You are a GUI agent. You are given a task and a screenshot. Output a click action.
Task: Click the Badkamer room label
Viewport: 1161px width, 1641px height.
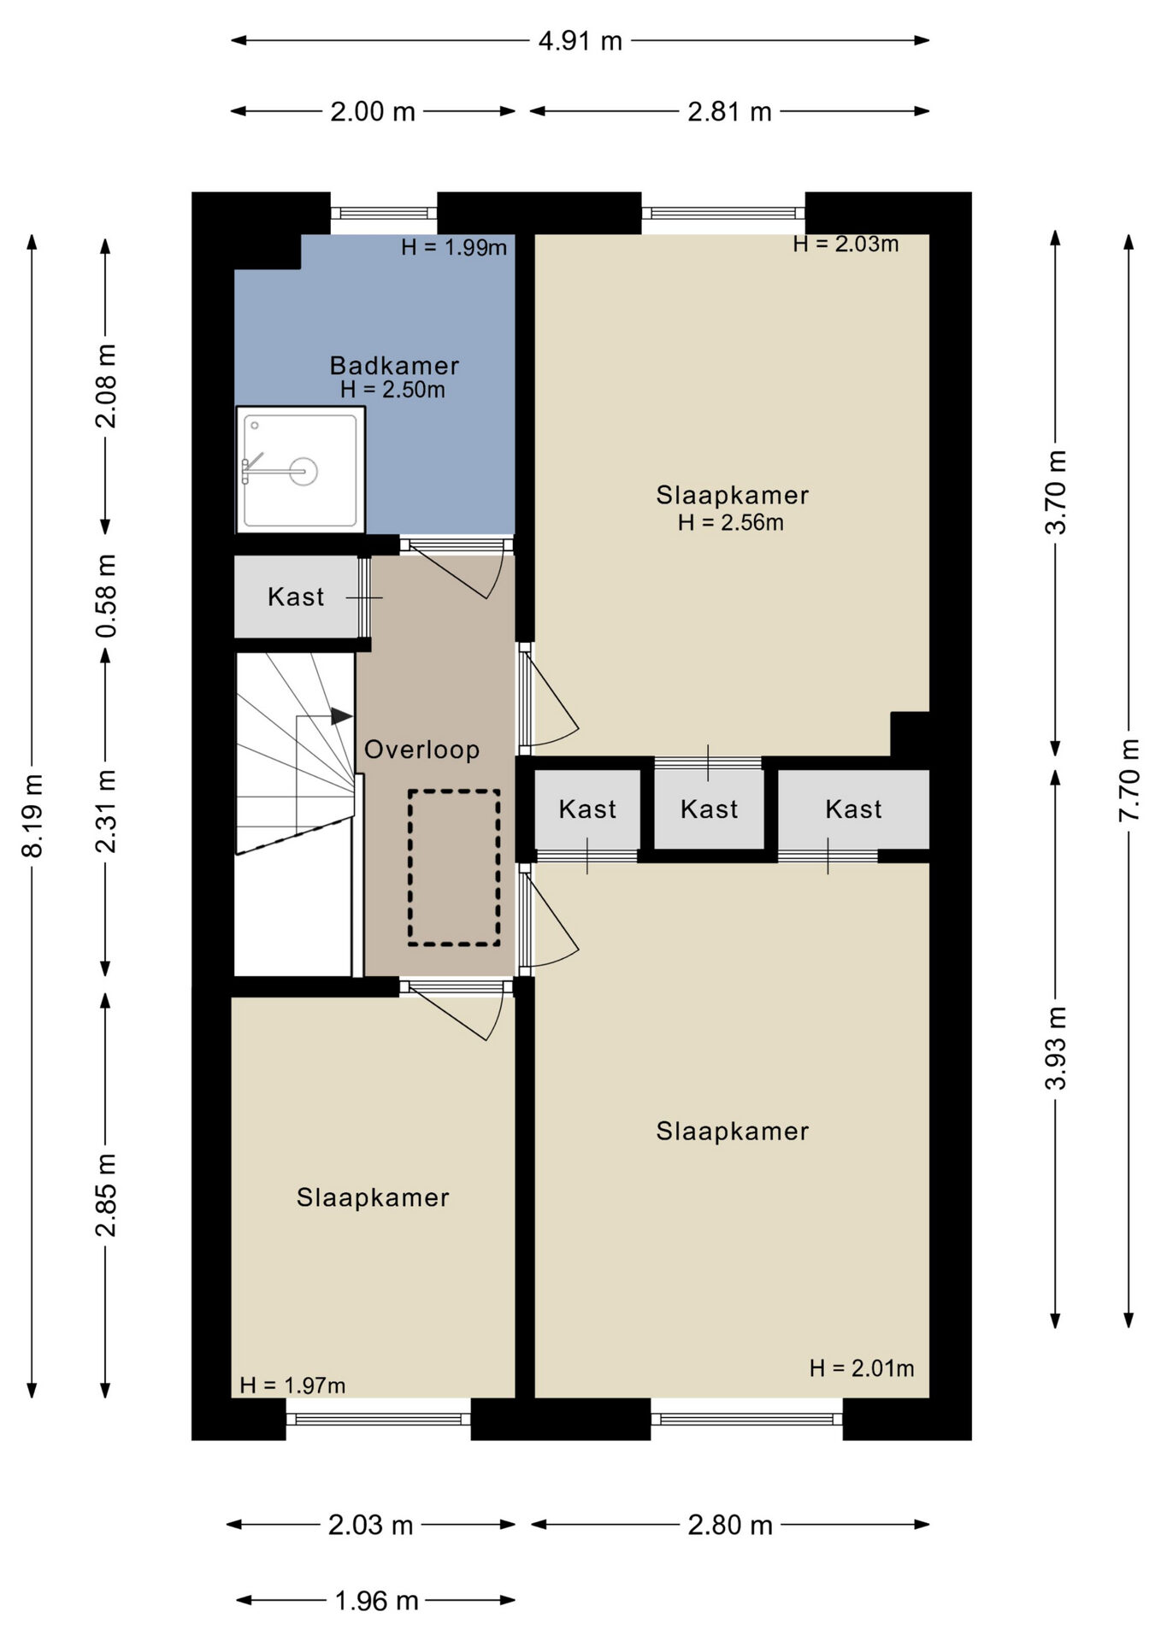[x=394, y=366]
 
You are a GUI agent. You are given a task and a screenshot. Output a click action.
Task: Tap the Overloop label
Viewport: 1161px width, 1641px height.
[x=421, y=750]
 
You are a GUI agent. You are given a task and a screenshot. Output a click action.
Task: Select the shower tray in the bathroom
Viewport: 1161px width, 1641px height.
[x=300, y=470]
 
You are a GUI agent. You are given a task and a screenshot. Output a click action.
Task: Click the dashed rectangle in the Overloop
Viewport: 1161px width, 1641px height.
[x=454, y=868]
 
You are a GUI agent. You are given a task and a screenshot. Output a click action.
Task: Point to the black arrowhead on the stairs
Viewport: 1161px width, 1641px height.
[x=342, y=716]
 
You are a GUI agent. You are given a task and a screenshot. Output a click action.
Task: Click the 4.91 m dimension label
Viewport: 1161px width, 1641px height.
[x=580, y=41]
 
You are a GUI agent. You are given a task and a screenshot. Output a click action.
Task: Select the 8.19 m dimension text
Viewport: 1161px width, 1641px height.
[x=32, y=815]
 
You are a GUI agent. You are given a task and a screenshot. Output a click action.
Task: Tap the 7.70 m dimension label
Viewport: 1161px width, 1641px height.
[x=1129, y=779]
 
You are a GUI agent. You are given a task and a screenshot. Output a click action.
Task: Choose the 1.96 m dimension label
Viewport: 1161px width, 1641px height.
[x=376, y=1601]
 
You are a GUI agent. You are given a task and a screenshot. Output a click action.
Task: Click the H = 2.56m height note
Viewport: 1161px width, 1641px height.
[x=731, y=522]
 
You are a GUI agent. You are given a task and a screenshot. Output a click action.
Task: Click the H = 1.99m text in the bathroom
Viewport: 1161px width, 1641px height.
[x=454, y=247]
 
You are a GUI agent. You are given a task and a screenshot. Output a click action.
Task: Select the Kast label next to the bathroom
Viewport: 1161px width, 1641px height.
[x=296, y=597]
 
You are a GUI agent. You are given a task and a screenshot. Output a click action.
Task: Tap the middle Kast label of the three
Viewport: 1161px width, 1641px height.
[x=709, y=809]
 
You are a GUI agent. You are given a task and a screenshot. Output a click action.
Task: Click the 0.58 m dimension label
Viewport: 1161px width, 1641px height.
[x=106, y=596]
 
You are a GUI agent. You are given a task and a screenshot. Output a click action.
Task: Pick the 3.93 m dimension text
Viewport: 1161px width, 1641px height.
[x=1057, y=1048]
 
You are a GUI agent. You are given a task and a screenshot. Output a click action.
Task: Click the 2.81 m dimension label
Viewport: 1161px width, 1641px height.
[x=730, y=112]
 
